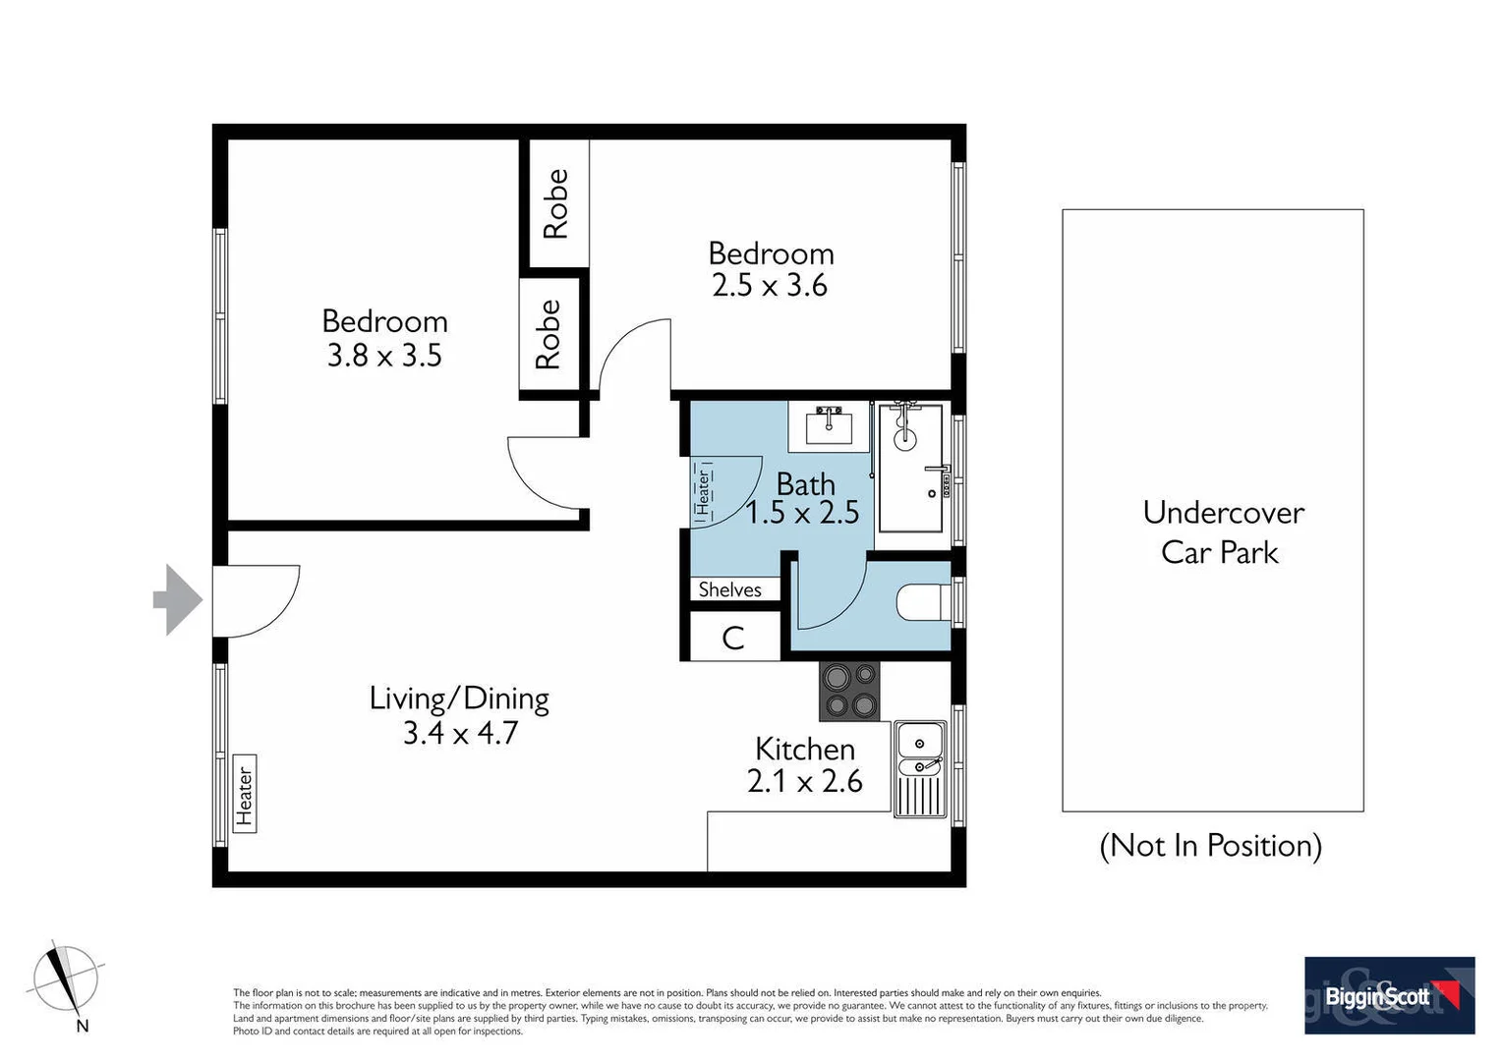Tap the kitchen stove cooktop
click(x=849, y=692)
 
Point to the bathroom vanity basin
click(x=829, y=425)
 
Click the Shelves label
click(x=729, y=589)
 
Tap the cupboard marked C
click(x=733, y=639)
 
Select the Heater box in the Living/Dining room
click(x=245, y=794)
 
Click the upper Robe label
click(x=556, y=203)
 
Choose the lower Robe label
click(x=548, y=335)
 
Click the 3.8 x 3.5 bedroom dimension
click(x=384, y=356)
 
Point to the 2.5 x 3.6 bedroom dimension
click(x=770, y=286)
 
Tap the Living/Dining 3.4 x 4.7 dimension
click(x=460, y=733)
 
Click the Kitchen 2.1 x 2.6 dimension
click(x=804, y=782)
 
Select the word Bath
click(x=805, y=483)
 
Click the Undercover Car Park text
click(x=1222, y=531)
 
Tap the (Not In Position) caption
click(x=1210, y=846)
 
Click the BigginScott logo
click(x=1388, y=995)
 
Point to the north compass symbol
click(x=65, y=980)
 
